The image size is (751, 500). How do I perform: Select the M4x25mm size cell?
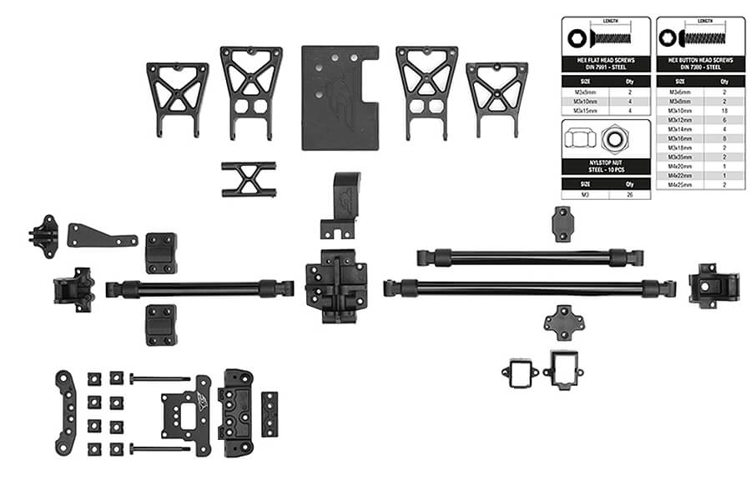click(x=677, y=185)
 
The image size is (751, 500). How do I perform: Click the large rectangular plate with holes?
click(x=339, y=97)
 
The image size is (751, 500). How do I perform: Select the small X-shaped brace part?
click(x=248, y=178)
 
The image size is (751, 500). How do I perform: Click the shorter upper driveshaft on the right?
click(x=530, y=256)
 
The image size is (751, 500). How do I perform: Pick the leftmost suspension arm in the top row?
click(x=177, y=94)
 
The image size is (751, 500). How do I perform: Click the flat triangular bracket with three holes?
click(x=100, y=234)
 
